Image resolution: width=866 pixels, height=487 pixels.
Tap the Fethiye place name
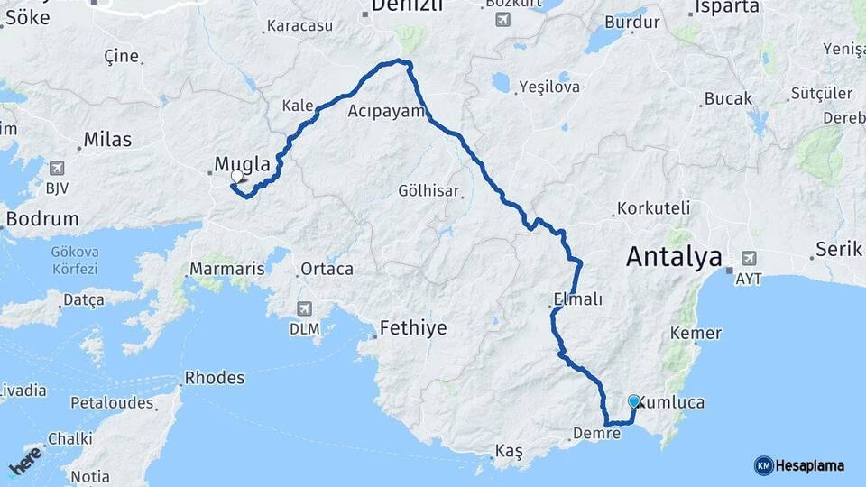point(413,327)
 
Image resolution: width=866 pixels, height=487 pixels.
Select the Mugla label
point(242,164)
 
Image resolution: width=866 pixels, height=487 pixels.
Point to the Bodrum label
point(41,219)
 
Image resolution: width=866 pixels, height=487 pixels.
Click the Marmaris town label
point(227,269)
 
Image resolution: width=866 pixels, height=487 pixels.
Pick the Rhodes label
point(214,378)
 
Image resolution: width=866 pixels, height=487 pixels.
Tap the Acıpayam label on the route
point(386,112)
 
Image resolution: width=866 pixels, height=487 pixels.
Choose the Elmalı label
point(577,299)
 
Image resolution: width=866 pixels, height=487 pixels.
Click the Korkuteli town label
point(652,208)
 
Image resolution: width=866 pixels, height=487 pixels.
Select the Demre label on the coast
point(596,434)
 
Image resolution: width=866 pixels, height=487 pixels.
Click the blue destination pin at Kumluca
point(633,402)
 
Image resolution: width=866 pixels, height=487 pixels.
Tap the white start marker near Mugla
point(236,178)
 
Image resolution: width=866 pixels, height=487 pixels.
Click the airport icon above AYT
point(748,258)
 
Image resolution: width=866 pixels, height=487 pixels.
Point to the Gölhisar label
point(429,191)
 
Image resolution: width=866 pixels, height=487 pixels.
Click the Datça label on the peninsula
point(83,298)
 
